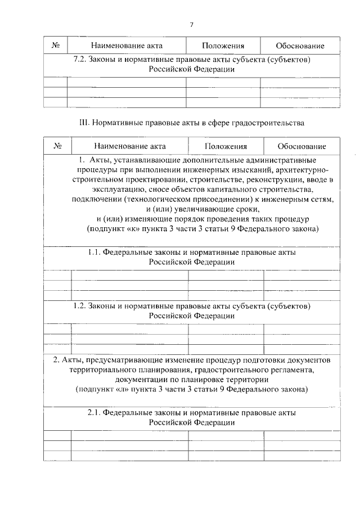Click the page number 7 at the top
point(191,25)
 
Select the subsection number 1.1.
point(94,253)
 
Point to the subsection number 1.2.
point(83,306)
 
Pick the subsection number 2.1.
point(94,412)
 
